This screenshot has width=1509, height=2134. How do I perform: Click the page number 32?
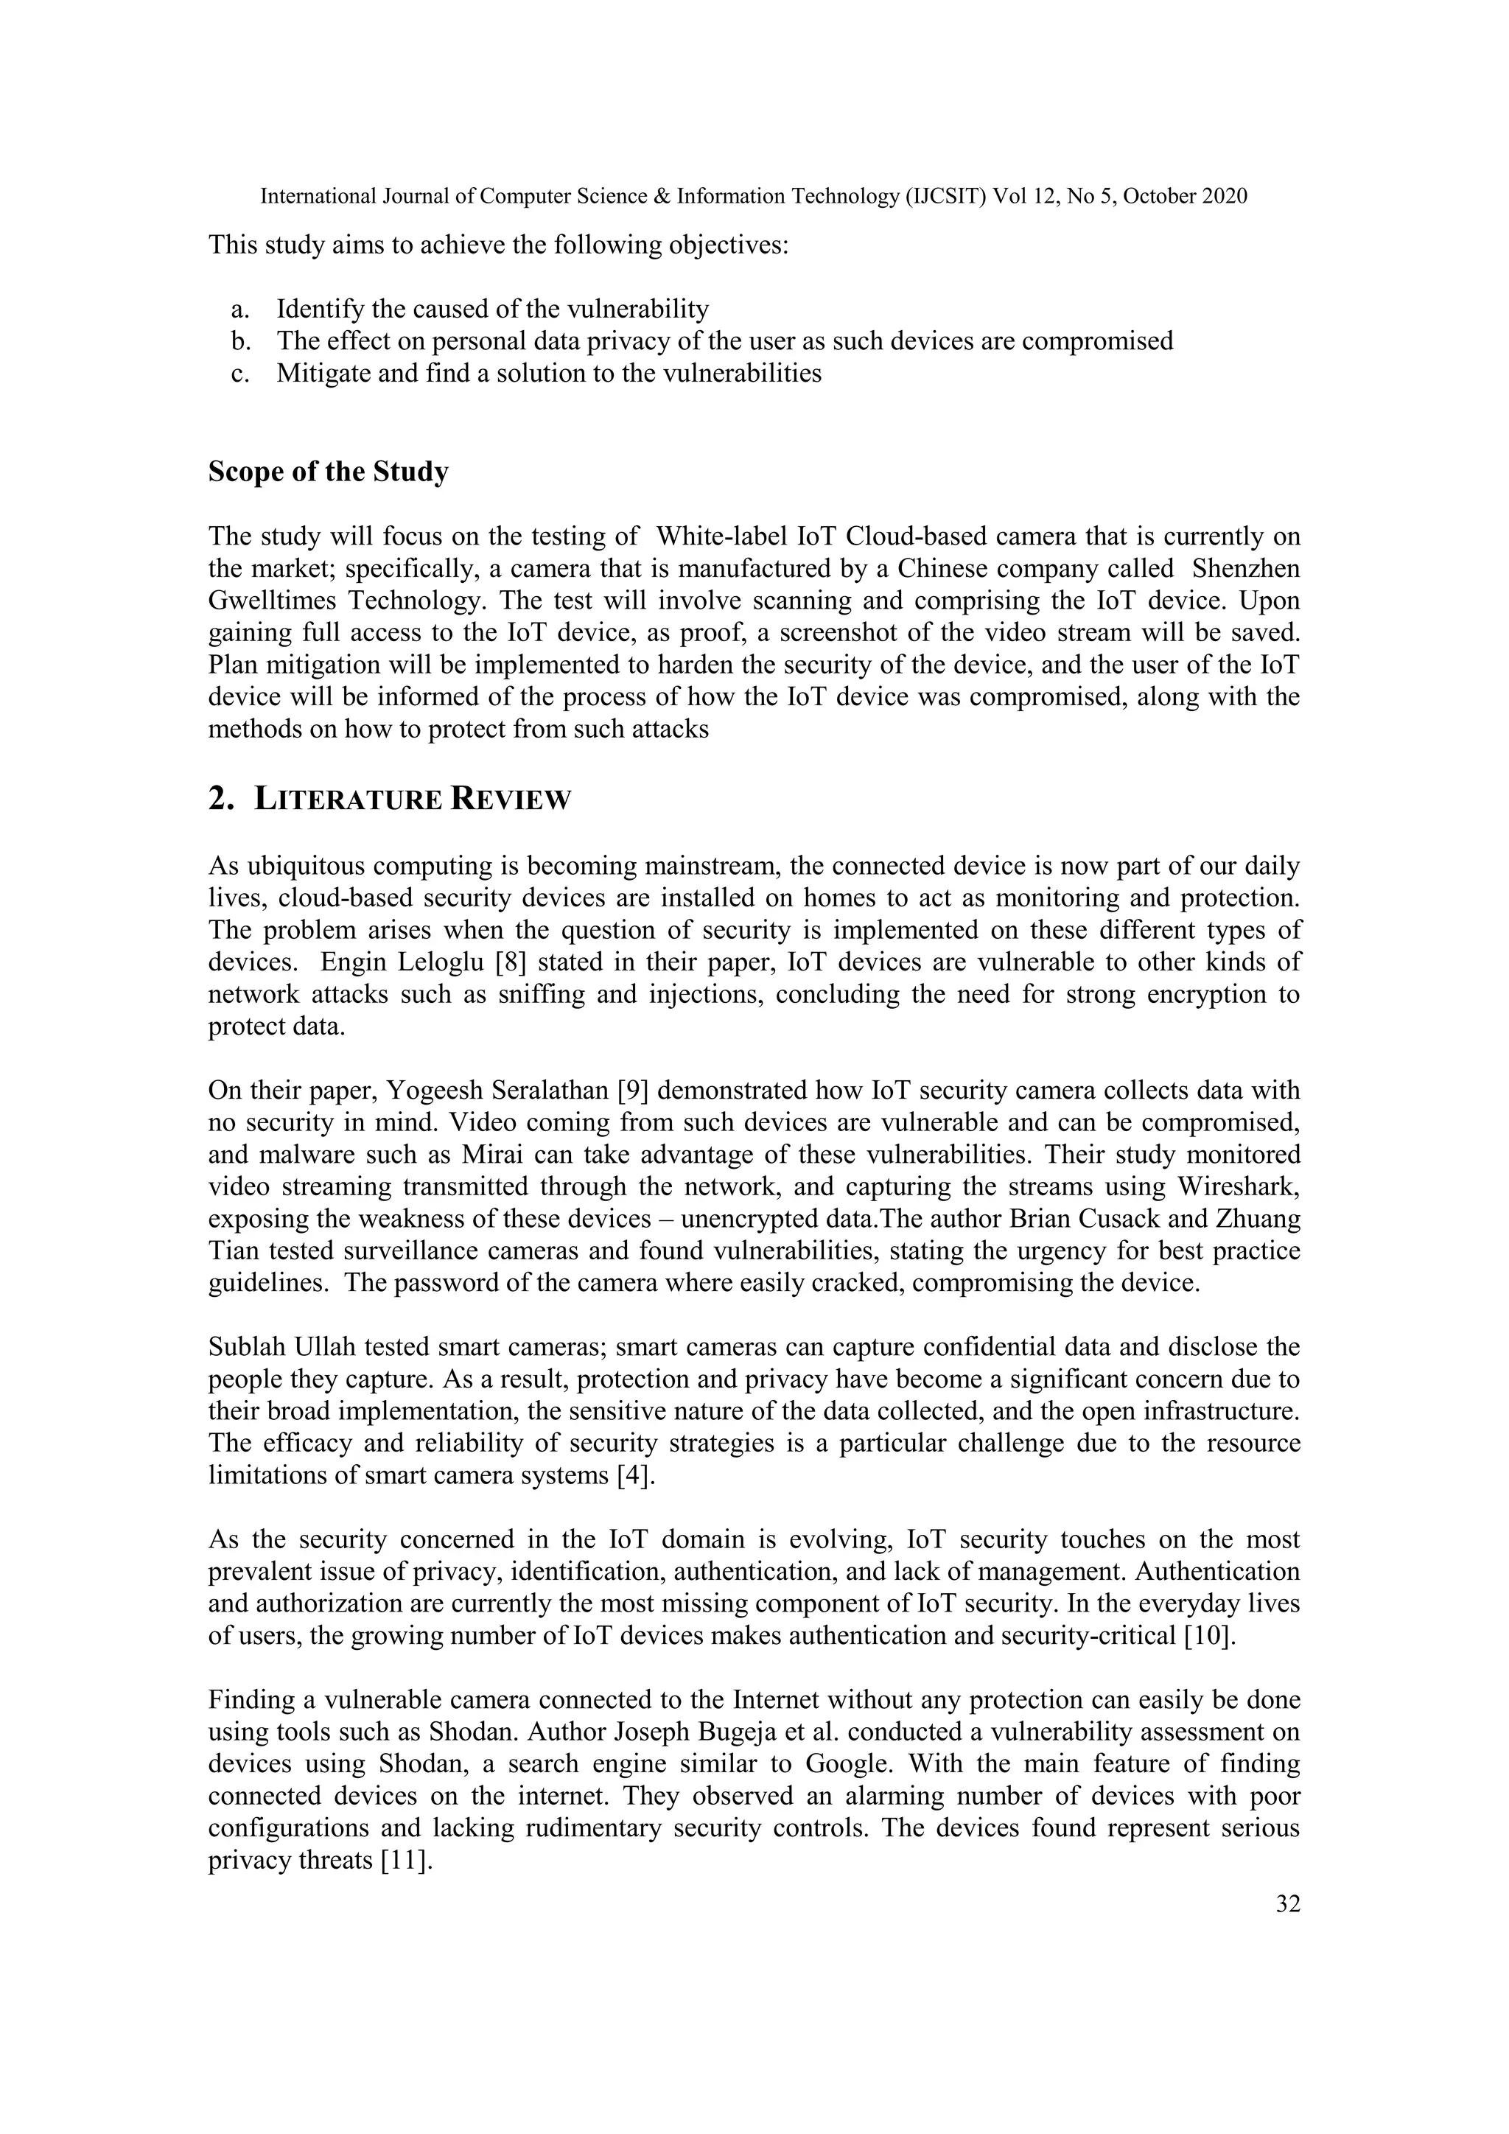[x=1288, y=1904]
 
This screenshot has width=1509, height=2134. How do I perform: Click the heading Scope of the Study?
[x=328, y=472]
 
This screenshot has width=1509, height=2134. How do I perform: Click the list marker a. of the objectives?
[x=242, y=309]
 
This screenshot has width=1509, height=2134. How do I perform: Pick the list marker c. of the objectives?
[x=242, y=374]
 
